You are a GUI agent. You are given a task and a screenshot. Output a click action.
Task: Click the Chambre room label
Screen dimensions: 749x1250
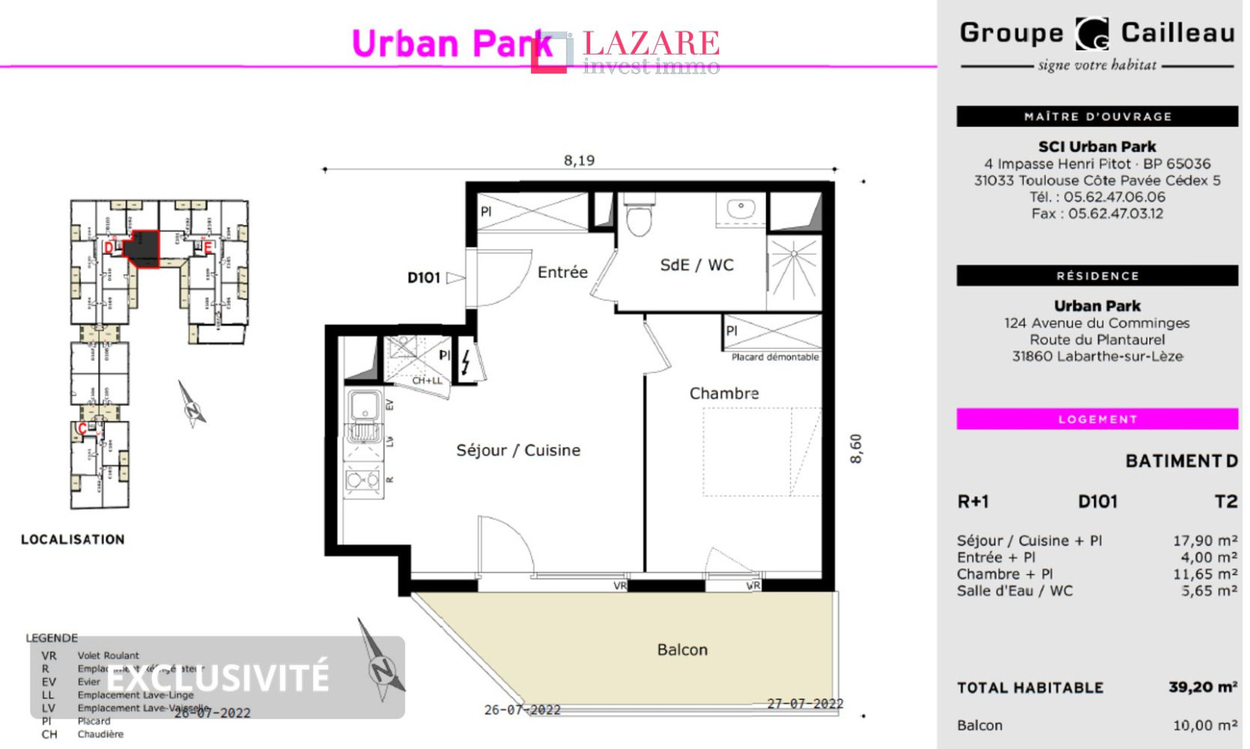(x=724, y=394)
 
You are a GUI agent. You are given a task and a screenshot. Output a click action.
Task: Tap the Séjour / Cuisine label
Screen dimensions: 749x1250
(x=518, y=450)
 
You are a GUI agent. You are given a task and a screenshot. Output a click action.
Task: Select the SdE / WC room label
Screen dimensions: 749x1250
(x=697, y=266)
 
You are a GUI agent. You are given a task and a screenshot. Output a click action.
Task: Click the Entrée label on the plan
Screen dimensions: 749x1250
(x=562, y=273)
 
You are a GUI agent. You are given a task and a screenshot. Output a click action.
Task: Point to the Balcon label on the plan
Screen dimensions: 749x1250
(x=682, y=650)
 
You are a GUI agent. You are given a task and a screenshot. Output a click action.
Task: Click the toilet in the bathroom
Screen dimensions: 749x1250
(x=639, y=216)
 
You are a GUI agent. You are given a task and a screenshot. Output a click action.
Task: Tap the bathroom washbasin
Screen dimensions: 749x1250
(x=741, y=208)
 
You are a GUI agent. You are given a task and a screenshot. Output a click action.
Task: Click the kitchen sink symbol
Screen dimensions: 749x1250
(x=363, y=405)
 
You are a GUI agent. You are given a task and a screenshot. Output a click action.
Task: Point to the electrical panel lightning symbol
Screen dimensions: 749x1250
(x=466, y=362)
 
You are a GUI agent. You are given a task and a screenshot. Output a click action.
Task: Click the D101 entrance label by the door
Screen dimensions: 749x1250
(x=424, y=278)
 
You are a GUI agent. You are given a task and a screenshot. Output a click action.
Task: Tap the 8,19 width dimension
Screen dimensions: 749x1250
(x=579, y=161)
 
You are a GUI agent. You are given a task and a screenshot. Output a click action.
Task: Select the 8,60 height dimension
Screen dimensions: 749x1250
(x=856, y=448)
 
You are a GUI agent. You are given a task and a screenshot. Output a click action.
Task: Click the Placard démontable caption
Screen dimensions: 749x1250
(x=775, y=358)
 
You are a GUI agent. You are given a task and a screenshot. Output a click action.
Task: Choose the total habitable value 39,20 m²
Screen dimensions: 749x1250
(x=1202, y=687)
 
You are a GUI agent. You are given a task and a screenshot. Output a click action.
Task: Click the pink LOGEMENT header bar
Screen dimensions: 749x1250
(x=1096, y=419)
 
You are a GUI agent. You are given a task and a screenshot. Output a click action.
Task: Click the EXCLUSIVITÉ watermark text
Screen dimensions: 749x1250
(x=218, y=678)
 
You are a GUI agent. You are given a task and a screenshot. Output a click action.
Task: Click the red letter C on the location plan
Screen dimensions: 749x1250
(x=83, y=429)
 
